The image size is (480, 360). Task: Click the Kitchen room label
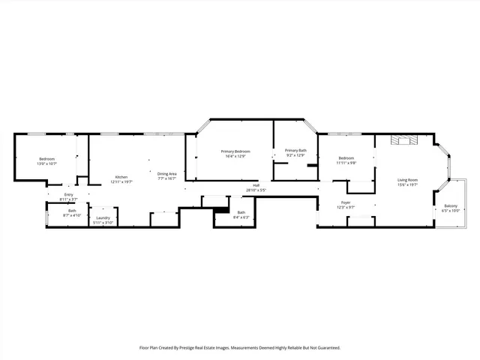tap(121, 176)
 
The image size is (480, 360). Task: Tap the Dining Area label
tap(166, 174)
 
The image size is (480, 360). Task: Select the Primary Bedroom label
tap(235, 151)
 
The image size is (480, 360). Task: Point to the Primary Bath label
tap(295, 151)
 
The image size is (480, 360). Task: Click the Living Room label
tap(408, 180)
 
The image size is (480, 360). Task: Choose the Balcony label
tap(451, 206)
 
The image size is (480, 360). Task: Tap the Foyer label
tap(346, 202)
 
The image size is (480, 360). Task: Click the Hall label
tap(256, 185)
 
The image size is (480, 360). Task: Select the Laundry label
tap(103, 217)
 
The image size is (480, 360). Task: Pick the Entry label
tap(69, 195)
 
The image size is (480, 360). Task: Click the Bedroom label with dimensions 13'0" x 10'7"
tap(47, 158)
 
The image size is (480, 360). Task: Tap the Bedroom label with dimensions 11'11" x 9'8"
tap(346, 157)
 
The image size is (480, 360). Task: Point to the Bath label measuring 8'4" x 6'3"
tap(241, 212)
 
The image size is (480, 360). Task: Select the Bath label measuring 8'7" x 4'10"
tap(72, 211)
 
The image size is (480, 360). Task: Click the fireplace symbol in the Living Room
tap(405, 139)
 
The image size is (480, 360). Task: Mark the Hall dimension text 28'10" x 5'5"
tap(256, 190)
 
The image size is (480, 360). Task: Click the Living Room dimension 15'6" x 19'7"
tap(408, 185)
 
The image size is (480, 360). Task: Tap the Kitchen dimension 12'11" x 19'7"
tap(121, 181)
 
